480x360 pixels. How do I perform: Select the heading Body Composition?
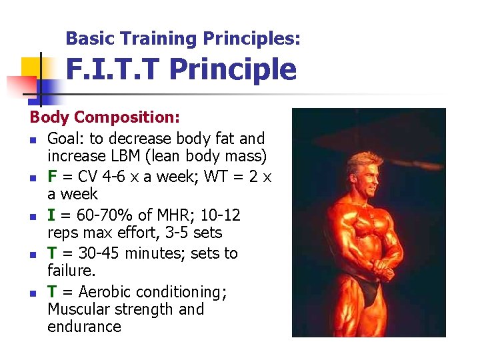[x=105, y=117]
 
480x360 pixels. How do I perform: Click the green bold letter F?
[x=52, y=177]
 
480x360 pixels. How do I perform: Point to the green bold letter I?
[x=51, y=215]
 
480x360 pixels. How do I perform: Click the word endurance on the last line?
[x=84, y=327]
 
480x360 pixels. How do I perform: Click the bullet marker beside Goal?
[x=33, y=140]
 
